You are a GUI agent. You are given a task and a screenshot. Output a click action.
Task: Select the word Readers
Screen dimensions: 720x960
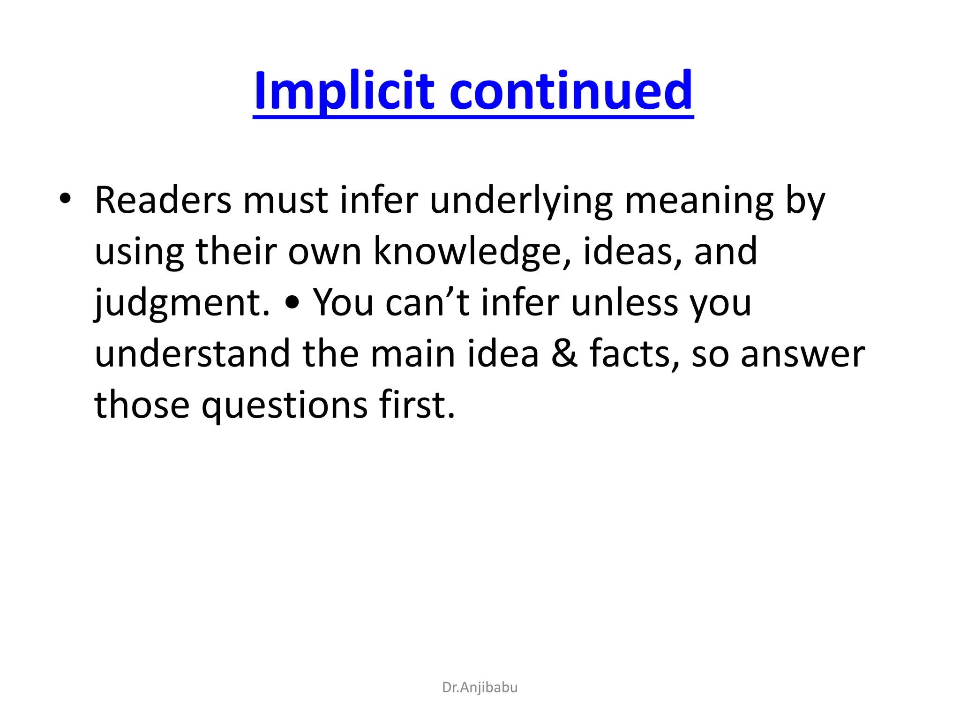(x=163, y=200)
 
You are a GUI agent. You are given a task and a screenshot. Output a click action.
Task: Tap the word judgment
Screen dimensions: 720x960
(x=182, y=303)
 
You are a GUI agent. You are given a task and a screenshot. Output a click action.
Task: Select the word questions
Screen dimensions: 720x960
(x=285, y=405)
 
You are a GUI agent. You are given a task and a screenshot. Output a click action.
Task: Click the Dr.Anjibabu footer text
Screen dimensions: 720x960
(x=480, y=687)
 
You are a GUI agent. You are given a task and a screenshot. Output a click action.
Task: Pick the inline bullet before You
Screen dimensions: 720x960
(x=292, y=304)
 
